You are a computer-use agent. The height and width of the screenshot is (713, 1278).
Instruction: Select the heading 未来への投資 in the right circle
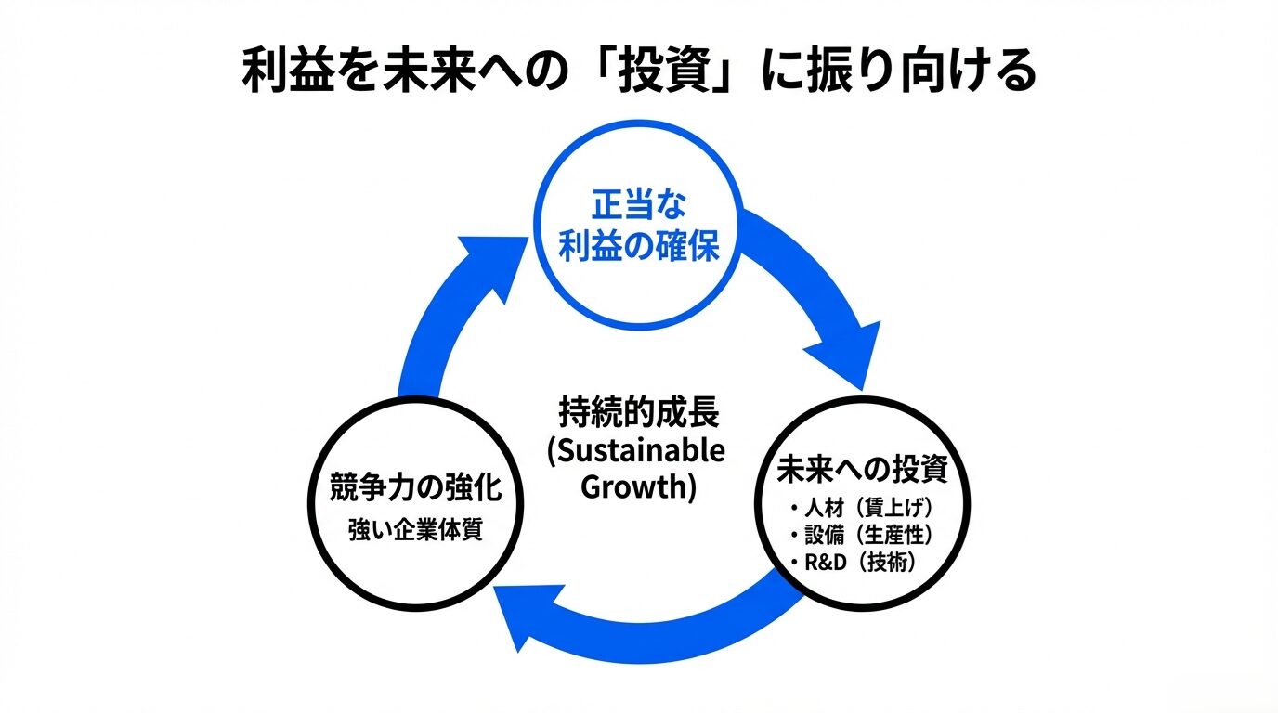(x=863, y=471)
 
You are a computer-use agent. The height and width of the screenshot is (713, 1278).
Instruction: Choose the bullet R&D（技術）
(x=856, y=562)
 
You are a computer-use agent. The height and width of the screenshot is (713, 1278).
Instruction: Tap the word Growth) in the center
(x=638, y=487)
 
